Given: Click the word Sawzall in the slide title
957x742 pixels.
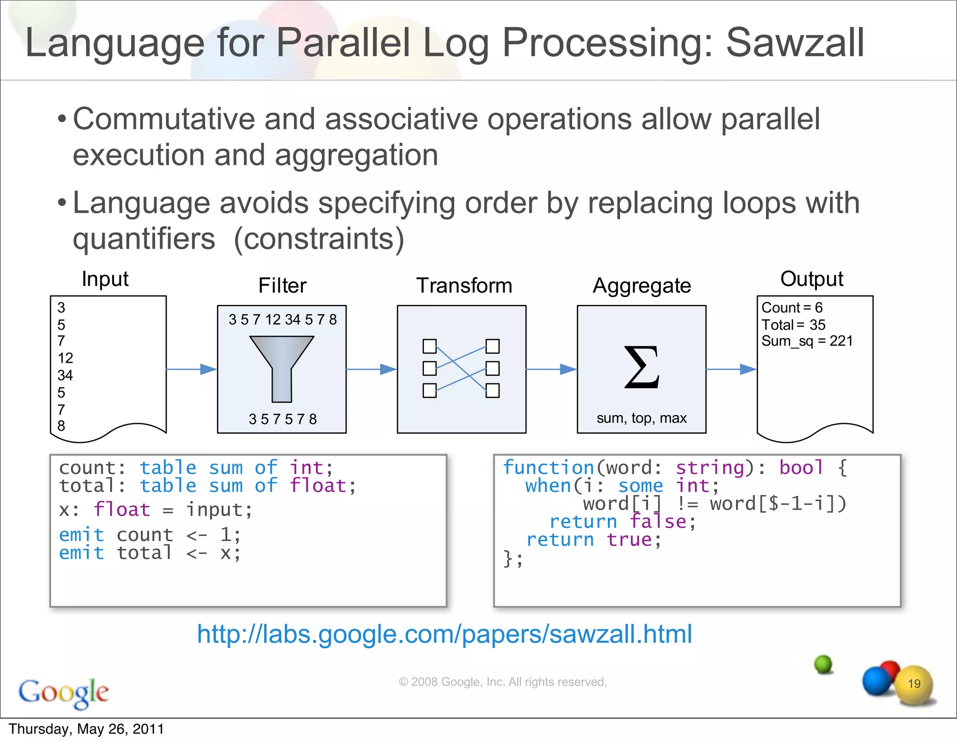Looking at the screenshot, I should pyautogui.click(x=794, y=43).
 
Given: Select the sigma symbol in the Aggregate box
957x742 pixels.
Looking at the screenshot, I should pyautogui.click(x=642, y=367).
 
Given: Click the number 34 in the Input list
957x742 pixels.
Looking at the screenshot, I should pyautogui.click(x=65, y=375).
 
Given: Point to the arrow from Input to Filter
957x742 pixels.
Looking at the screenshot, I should pyautogui.click(x=192, y=369).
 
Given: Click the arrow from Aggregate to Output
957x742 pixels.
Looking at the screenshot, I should pyautogui.click(x=731, y=369).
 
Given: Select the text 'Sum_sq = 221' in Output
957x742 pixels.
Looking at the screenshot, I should pyautogui.click(x=807, y=341).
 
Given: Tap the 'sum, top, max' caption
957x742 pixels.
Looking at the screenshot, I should pyautogui.click(x=641, y=418).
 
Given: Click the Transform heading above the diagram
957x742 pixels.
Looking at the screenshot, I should pyautogui.click(x=464, y=285).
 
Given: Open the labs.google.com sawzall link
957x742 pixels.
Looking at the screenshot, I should pyautogui.click(x=444, y=634).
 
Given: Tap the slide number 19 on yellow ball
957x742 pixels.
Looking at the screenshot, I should pyautogui.click(x=914, y=684).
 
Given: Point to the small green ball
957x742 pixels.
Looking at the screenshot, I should pyautogui.click(x=823, y=664).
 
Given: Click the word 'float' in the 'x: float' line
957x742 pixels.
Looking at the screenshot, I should pyautogui.click(x=121, y=510).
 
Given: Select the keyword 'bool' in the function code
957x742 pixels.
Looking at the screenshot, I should pyautogui.click(x=801, y=468).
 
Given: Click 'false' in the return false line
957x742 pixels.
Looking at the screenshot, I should pyautogui.click(x=658, y=522).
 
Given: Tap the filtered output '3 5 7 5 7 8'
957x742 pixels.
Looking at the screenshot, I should pyautogui.click(x=282, y=419).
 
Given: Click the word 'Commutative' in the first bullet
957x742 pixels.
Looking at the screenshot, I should pyautogui.click(x=164, y=119).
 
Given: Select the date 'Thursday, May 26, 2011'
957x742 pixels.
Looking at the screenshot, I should pyautogui.click(x=86, y=729).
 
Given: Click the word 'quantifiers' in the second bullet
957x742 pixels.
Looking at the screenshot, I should pyautogui.click(x=144, y=239).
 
